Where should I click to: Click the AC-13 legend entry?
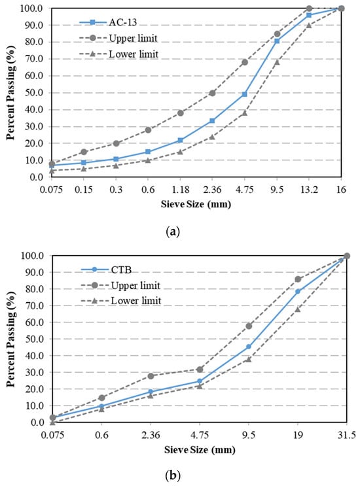108,22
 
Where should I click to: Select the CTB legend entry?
106,269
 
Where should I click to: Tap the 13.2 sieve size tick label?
308,190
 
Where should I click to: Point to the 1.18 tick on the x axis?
180,190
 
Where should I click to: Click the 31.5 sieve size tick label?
347,435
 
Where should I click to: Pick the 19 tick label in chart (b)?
298,435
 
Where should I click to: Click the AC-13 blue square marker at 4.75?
244,94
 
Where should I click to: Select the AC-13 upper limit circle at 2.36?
212,93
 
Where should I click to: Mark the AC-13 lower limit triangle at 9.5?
277,62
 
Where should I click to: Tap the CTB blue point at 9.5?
249,347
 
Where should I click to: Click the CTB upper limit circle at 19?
298,279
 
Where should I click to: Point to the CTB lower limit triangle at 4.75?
200,386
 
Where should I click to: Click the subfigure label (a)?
173,232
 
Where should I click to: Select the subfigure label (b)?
173,475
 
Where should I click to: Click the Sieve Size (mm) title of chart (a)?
196,204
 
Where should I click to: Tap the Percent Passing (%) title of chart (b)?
11,339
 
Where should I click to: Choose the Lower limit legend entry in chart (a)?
118,54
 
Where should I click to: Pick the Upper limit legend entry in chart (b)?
120,285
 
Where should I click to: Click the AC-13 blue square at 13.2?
309,15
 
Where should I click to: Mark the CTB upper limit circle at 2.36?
151,376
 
